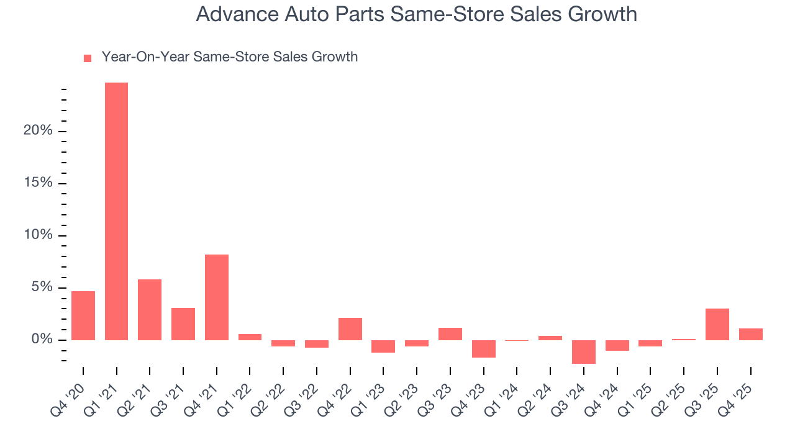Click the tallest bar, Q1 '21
pos(116,211)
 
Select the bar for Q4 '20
pos(83,315)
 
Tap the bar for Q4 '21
pos(217,297)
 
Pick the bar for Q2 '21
pos(150,310)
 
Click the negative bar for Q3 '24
pos(584,351)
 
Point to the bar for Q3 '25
pos(717,324)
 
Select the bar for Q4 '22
pos(350,329)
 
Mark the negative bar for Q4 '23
pos(484,348)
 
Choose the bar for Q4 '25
pos(751,334)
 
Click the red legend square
pos(88,58)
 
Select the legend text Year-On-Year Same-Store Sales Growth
pos(230,57)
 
